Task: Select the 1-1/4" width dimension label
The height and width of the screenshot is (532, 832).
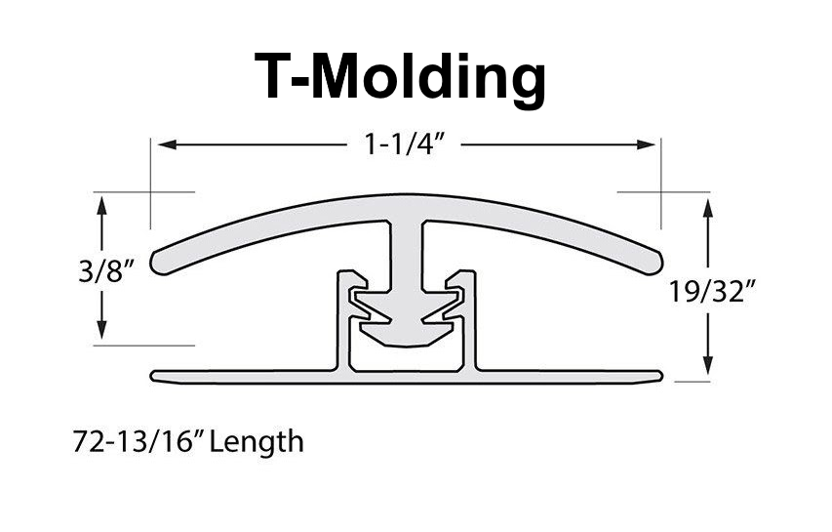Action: pyautogui.click(x=408, y=144)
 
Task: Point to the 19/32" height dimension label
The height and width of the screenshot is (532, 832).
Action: pyautogui.click(x=711, y=290)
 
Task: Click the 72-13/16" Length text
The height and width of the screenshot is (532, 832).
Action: pyautogui.click(x=187, y=442)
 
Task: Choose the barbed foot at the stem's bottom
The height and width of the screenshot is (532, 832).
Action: pyautogui.click(x=407, y=322)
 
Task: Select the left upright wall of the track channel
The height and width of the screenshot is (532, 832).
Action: pyautogui.click(x=342, y=322)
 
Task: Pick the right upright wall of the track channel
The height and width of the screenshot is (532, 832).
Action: pyautogui.click(x=471, y=322)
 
